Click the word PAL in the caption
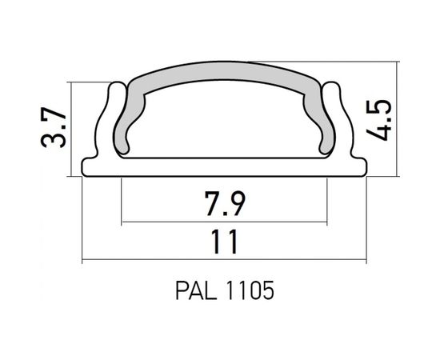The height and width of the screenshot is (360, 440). click(x=192, y=289)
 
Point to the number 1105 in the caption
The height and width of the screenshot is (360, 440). click(x=252, y=289)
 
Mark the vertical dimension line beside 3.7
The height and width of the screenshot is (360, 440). click(x=71, y=128)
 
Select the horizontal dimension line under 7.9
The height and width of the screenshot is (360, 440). click(x=224, y=221)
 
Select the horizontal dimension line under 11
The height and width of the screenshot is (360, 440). click(x=224, y=260)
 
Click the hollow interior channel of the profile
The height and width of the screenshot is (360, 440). click(x=224, y=128)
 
